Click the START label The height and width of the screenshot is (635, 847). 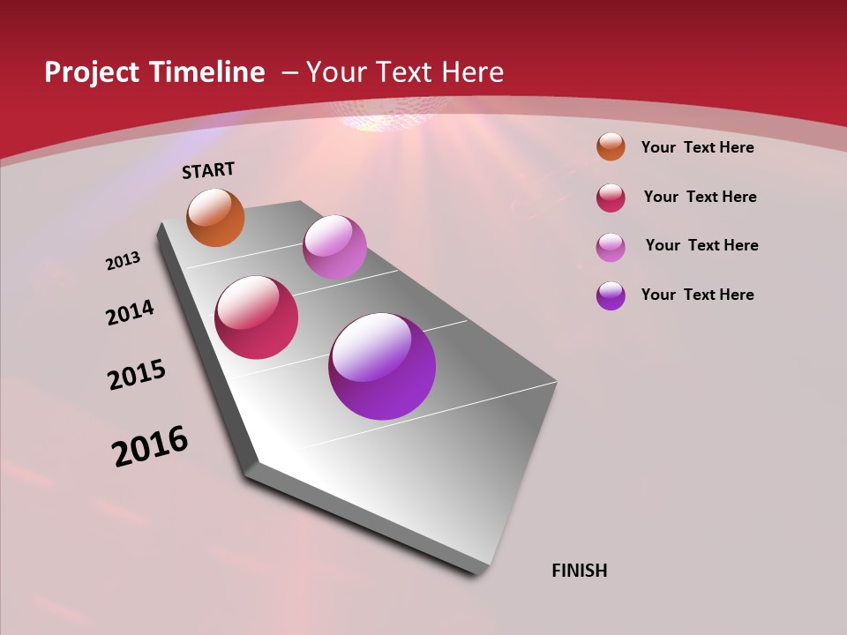click(x=208, y=170)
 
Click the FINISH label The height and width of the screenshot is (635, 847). click(x=579, y=571)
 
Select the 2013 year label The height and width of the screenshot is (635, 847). click(x=124, y=261)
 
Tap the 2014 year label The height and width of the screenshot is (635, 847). click(x=131, y=312)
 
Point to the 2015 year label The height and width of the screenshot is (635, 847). click(x=137, y=375)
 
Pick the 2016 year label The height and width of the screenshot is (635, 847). click(x=150, y=446)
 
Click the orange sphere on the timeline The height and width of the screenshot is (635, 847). click(x=215, y=217)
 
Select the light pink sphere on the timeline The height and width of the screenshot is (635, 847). click(x=334, y=247)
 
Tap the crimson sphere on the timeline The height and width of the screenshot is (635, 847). click(x=257, y=317)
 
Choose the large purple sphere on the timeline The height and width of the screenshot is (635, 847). click(x=382, y=366)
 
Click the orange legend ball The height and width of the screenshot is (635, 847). click(x=611, y=146)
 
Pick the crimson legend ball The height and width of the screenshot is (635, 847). click(x=611, y=198)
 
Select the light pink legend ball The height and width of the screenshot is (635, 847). click(x=611, y=246)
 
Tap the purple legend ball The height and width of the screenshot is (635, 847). click(x=611, y=295)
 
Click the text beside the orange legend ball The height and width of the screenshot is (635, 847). click(x=697, y=147)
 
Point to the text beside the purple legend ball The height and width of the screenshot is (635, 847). click(x=697, y=295)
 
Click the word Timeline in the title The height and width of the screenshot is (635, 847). click(x=209, y=72)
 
